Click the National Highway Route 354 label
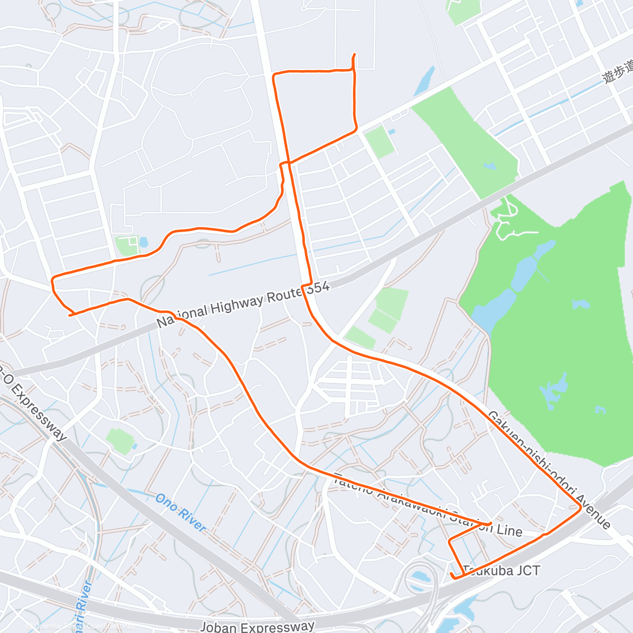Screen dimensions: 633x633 (x=243, y=304)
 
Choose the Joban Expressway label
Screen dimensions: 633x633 (x=257, y=627)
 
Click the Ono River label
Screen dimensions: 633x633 (x=180, y=512)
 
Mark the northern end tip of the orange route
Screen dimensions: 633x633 (x=354, y=54)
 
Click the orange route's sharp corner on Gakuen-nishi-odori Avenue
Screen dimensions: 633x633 (x=580, y=507)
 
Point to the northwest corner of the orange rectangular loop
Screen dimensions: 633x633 (x=273, y=76)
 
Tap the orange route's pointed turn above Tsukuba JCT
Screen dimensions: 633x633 (x=491, y=523)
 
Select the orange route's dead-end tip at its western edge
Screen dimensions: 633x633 (x=70, y=315)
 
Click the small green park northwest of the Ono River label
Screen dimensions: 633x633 (x=120, y=440)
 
